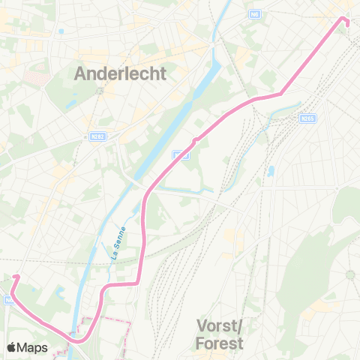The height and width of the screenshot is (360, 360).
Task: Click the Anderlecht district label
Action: click(120, 73)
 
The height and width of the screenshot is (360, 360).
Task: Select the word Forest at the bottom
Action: click(219, 343)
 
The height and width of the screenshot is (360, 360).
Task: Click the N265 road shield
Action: click(306, 118)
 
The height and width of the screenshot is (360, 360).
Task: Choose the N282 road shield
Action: click(95, 136)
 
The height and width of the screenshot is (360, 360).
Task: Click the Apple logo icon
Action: click(13, 347)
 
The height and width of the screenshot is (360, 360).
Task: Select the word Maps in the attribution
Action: click(34, 347)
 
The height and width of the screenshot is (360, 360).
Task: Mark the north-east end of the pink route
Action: click(346, 19)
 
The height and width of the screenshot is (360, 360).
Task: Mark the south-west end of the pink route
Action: click(15, 277)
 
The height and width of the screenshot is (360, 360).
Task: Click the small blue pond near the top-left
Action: click(61, 31)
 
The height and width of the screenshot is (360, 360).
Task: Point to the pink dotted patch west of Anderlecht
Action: click(35, 77)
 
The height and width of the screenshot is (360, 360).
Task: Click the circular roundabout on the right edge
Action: click(349, 275)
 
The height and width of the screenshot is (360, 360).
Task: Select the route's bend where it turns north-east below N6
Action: click(280, 94)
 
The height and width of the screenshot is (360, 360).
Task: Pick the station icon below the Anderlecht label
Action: click(100, 90)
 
